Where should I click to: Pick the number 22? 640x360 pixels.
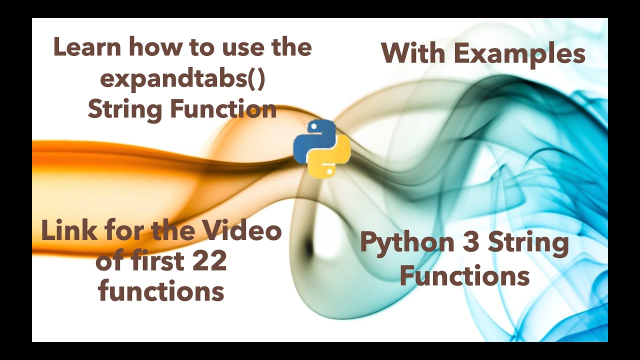[x=209, y=261]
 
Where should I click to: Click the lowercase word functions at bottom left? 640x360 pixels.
[x=161, y=291]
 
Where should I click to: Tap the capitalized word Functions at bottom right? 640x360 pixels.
[x=464, y=275]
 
